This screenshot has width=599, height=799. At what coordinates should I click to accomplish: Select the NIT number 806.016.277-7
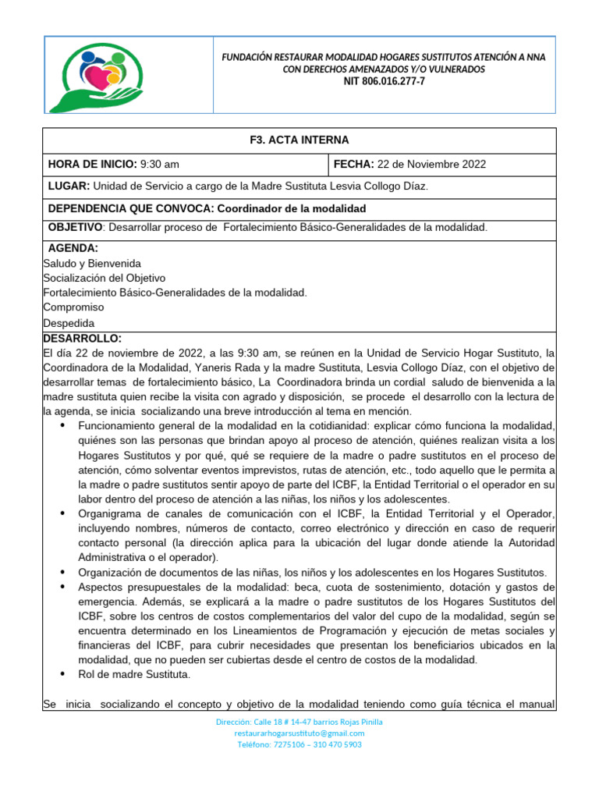pyautogui.click(x=383, y=81)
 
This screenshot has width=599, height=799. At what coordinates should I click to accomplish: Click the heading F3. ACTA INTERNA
pyautogui.click(x=299, y=140)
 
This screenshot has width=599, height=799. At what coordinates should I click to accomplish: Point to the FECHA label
pyautogui.click(x=353, y=164)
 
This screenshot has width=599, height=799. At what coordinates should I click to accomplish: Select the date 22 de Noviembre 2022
pyautogui.click(x=431, y=164)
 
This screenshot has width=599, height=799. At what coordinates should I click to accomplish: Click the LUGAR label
pyautogui.click(x=69, y=186)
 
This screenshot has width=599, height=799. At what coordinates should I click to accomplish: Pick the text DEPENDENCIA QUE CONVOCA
pyautogui.click(x=129, y=209)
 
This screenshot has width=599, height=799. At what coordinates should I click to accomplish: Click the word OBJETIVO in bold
pyautogui.click(x=75, y=227)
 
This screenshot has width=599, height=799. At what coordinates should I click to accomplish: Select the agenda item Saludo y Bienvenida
pyautogui.click(x=92, y=263)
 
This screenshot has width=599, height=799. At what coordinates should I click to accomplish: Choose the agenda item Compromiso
pyautogui.click(x=73, y=307)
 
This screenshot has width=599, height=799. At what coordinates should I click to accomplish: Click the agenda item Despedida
pyautogui.click(x=69, y=323)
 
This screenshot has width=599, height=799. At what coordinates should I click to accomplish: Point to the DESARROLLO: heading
pyautogui.click(x=82, y=338)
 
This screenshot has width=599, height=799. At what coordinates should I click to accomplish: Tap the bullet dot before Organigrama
pyautogui.click(x=62, y=513)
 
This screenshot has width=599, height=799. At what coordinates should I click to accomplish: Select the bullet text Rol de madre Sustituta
pyautogui.click(x=133, y=674)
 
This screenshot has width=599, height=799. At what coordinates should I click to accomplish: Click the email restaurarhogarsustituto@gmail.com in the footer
pyautogui.click(x=299, y=733)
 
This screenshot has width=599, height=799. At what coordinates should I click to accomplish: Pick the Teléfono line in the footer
pyautogui.click(x=299, y=744)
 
